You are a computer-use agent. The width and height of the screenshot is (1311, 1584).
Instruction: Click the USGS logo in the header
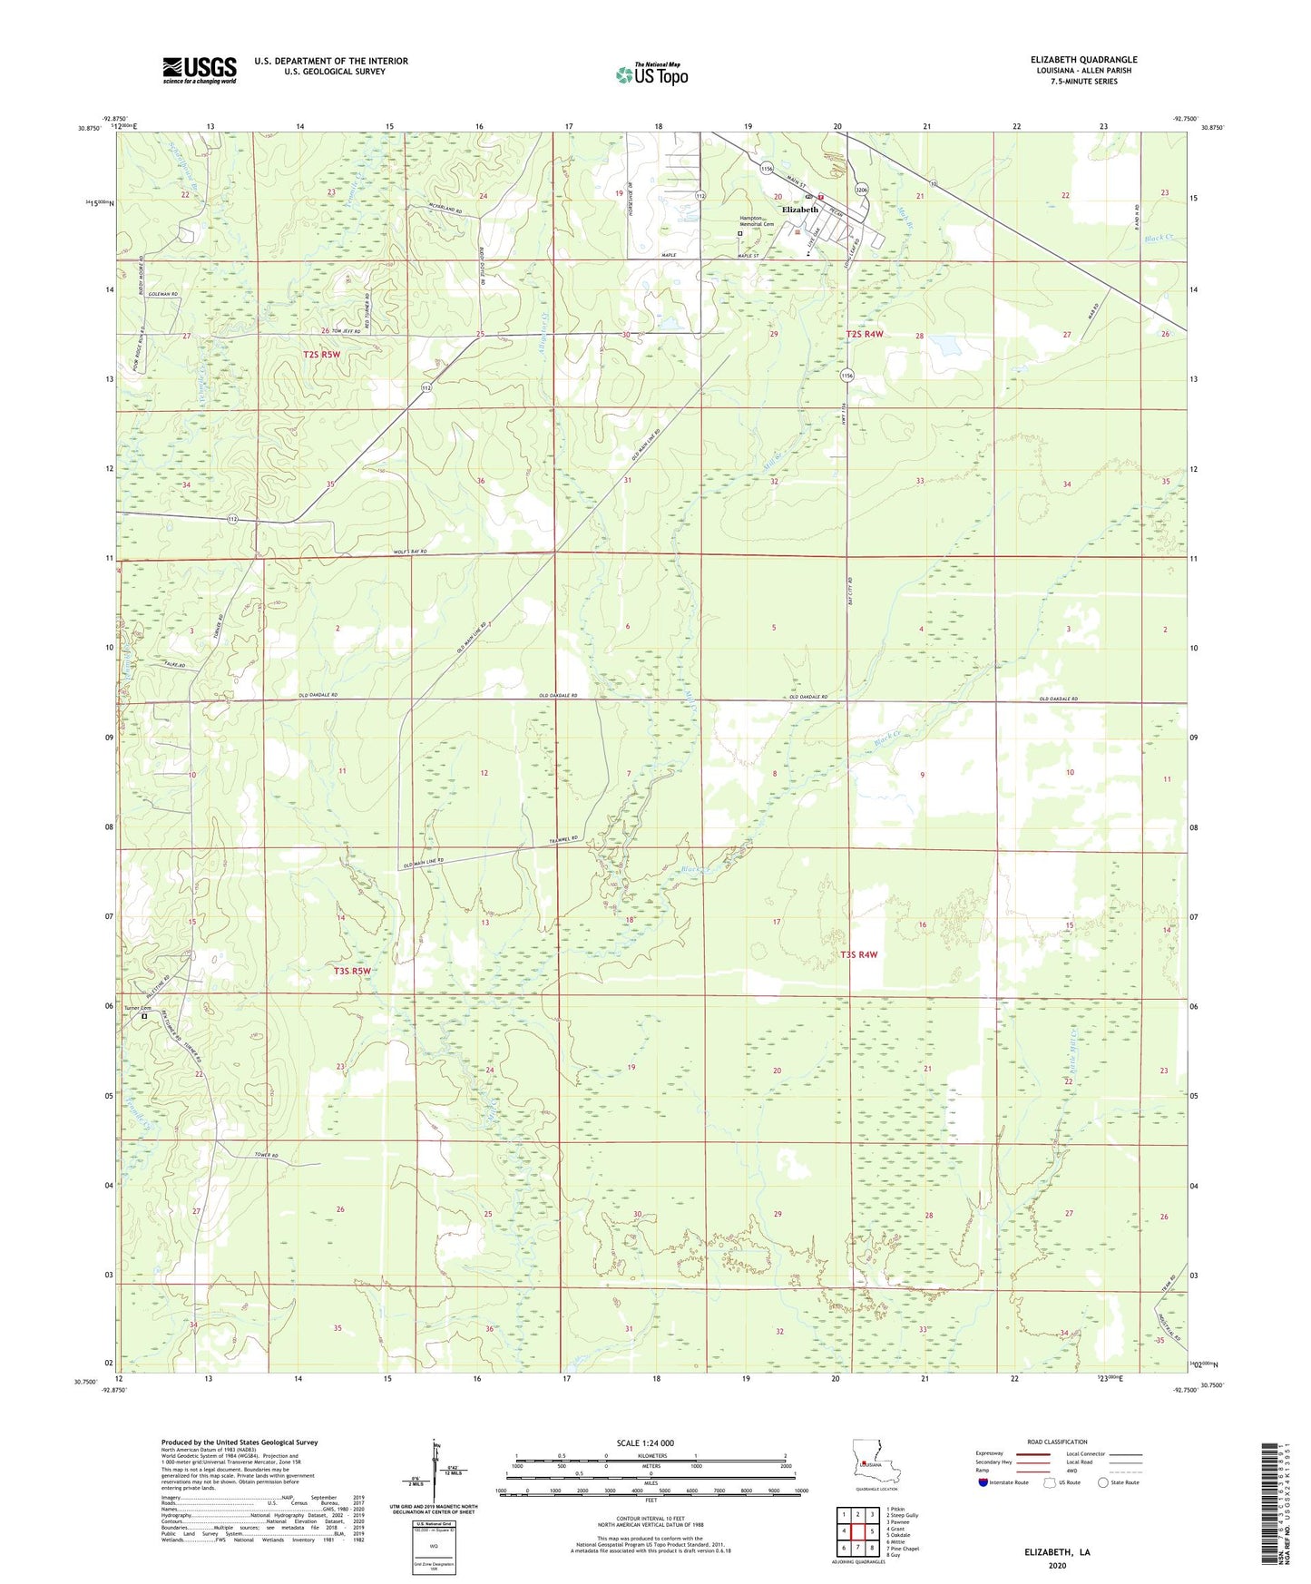(199, 70)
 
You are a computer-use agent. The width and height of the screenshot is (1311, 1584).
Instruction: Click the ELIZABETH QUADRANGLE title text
(1083, 60)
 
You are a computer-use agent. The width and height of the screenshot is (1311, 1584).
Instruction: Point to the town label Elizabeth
(800, 210)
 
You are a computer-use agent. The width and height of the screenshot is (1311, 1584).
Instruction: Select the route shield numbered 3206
(862, 190)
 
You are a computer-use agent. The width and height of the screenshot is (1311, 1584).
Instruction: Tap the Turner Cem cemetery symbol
(143, 1017)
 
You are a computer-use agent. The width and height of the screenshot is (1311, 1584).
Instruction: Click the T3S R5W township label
(352, 971)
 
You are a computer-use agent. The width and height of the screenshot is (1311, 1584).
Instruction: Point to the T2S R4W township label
(864, 334)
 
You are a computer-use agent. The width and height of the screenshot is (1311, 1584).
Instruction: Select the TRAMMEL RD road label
(563, 839)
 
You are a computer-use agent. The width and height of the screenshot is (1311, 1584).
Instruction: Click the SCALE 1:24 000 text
(645, 1443)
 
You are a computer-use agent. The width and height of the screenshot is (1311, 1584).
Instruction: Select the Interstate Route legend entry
(1004, 1483)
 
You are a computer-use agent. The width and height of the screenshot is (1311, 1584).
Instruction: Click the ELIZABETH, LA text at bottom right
(1057, 1552)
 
